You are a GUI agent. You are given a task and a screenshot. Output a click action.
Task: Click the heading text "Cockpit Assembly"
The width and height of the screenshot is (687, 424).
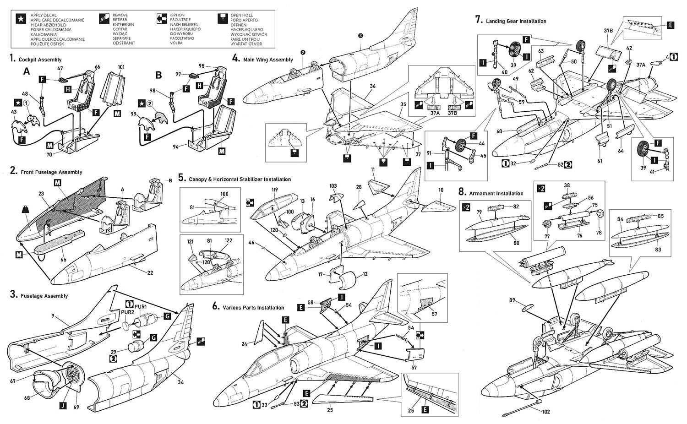click(40, 60)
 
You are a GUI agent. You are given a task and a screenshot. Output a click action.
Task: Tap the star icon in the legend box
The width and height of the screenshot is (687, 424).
click(21, 19)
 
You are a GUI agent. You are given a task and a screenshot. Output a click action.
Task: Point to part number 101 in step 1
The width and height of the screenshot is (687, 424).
click(121, 67)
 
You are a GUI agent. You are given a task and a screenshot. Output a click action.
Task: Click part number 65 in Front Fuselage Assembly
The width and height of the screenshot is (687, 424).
click(63, 260)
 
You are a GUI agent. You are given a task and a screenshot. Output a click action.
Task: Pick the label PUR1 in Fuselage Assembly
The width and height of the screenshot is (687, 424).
click(141, 306)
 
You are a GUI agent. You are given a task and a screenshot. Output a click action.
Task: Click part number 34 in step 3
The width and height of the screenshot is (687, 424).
click(180, 382)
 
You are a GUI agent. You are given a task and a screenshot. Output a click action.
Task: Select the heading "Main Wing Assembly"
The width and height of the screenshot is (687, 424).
click(268, 60)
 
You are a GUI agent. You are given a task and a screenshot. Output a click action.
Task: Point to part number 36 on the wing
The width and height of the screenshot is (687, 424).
click(372, 86)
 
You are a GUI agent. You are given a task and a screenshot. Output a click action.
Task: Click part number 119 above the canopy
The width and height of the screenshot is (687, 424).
click(274, 190)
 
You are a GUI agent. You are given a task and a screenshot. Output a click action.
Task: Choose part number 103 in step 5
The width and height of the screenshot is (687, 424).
click(333, 186)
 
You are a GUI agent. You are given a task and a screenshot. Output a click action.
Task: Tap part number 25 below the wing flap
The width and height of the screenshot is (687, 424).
click(330, 410)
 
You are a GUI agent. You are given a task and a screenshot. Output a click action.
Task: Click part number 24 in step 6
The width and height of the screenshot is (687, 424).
click(244, 344)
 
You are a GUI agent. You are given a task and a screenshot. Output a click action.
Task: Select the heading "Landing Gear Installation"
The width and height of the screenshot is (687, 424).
click(516, 21)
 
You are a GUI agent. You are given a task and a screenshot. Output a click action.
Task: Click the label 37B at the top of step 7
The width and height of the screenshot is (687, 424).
click(608, 31)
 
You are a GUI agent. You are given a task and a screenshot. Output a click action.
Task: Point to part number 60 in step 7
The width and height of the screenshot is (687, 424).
click(499, 131)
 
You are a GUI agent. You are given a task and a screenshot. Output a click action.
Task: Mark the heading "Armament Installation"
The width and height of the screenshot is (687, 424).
click(496, 193)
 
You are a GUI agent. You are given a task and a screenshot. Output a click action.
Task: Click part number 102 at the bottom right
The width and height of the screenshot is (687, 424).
click(546, 412)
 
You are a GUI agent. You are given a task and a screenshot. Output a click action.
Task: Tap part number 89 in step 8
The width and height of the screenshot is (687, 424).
click(512, 300)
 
